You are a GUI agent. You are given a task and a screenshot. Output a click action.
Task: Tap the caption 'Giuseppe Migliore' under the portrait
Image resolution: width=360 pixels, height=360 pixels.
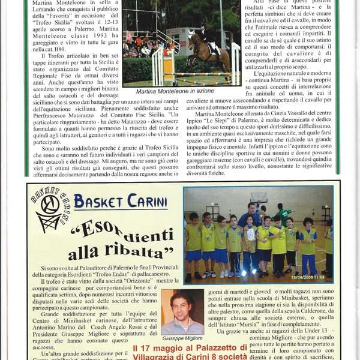pyautogui.click(x=182, y=338)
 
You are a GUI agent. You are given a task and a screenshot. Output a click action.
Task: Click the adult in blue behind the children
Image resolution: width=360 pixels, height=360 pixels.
pyautogui.click(x=251, y=216)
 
